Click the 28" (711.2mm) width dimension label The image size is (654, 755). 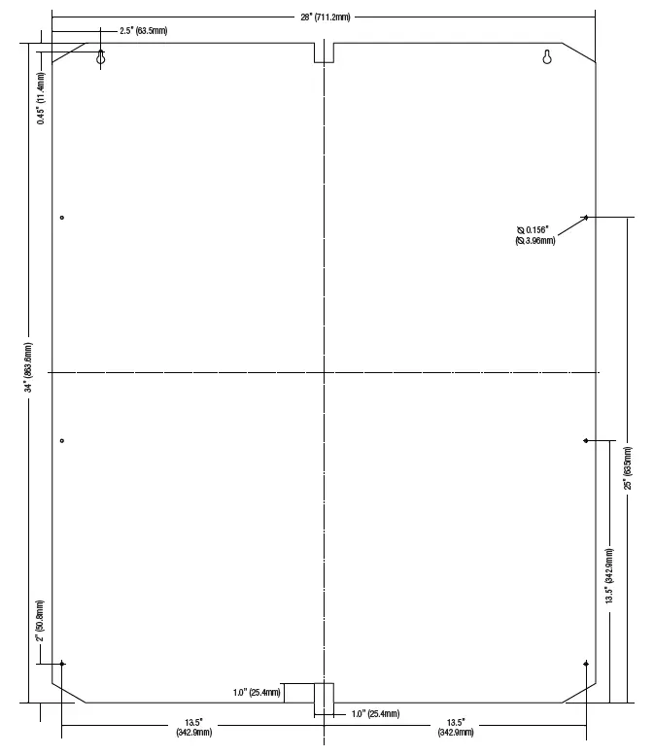326,17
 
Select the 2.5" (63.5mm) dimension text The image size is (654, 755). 144,31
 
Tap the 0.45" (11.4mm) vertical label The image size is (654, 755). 41,98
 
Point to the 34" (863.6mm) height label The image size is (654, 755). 28,367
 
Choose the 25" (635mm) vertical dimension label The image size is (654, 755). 628,468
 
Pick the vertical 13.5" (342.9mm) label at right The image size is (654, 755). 609,576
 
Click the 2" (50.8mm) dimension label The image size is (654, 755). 40,621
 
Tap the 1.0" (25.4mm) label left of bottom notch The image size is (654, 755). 257,693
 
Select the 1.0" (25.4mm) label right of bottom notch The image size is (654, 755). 376,713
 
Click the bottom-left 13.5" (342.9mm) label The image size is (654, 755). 193,727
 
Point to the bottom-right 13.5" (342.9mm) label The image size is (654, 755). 456,727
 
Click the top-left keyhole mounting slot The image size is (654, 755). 101,57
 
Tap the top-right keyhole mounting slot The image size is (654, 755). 547,56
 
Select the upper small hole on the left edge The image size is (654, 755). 61,218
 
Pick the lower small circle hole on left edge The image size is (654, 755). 61,440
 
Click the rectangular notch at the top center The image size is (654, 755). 325,61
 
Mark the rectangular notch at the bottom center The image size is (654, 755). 325,684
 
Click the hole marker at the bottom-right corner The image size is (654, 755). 586,664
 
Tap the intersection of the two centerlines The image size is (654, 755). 325,372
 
